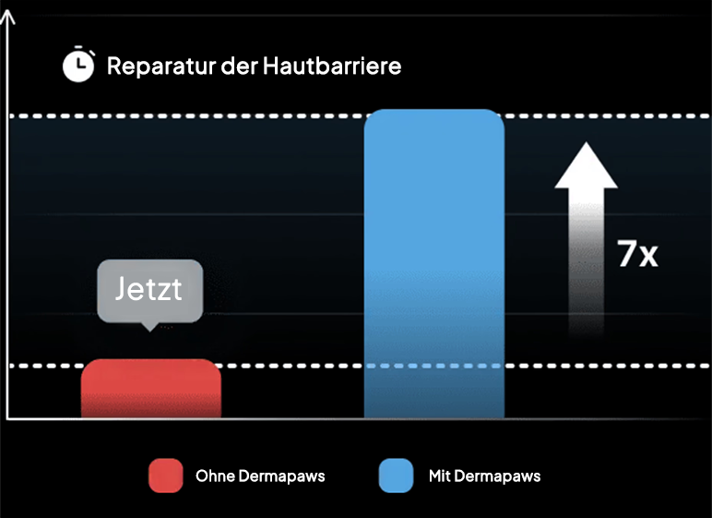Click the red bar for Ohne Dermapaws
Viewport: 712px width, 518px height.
(x=151, y=389)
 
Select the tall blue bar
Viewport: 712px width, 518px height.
(x=434, y=263)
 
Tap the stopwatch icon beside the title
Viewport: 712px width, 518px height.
(x=78, y=64)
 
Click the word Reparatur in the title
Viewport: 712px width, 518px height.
(x=161, y=66)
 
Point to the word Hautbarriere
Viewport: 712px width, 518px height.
(x=332, y=66)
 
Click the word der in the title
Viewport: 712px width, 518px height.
(x=239, y=66)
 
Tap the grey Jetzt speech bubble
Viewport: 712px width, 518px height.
(x=149, y=291)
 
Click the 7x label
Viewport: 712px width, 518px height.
(x=637, y=254)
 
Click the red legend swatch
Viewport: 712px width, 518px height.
(x=166, y=476)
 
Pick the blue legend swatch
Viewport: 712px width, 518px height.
(x=396, y=476)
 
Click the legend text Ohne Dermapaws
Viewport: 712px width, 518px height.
(x=260, y=476)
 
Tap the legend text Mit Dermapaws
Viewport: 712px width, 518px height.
(x=484, y=476)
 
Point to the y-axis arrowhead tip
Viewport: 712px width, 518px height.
(x=7, y=10)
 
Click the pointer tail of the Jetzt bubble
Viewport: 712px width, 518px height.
(x=149, y=327)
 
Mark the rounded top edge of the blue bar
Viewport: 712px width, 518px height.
(x=434, y=110)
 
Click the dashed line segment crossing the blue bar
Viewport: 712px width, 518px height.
(x=434, y=366)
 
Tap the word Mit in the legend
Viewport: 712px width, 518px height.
(x=439, y=476)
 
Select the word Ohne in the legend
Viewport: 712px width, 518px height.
(x=215, y=476)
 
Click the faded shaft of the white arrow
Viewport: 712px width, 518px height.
(x=587, y=263)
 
